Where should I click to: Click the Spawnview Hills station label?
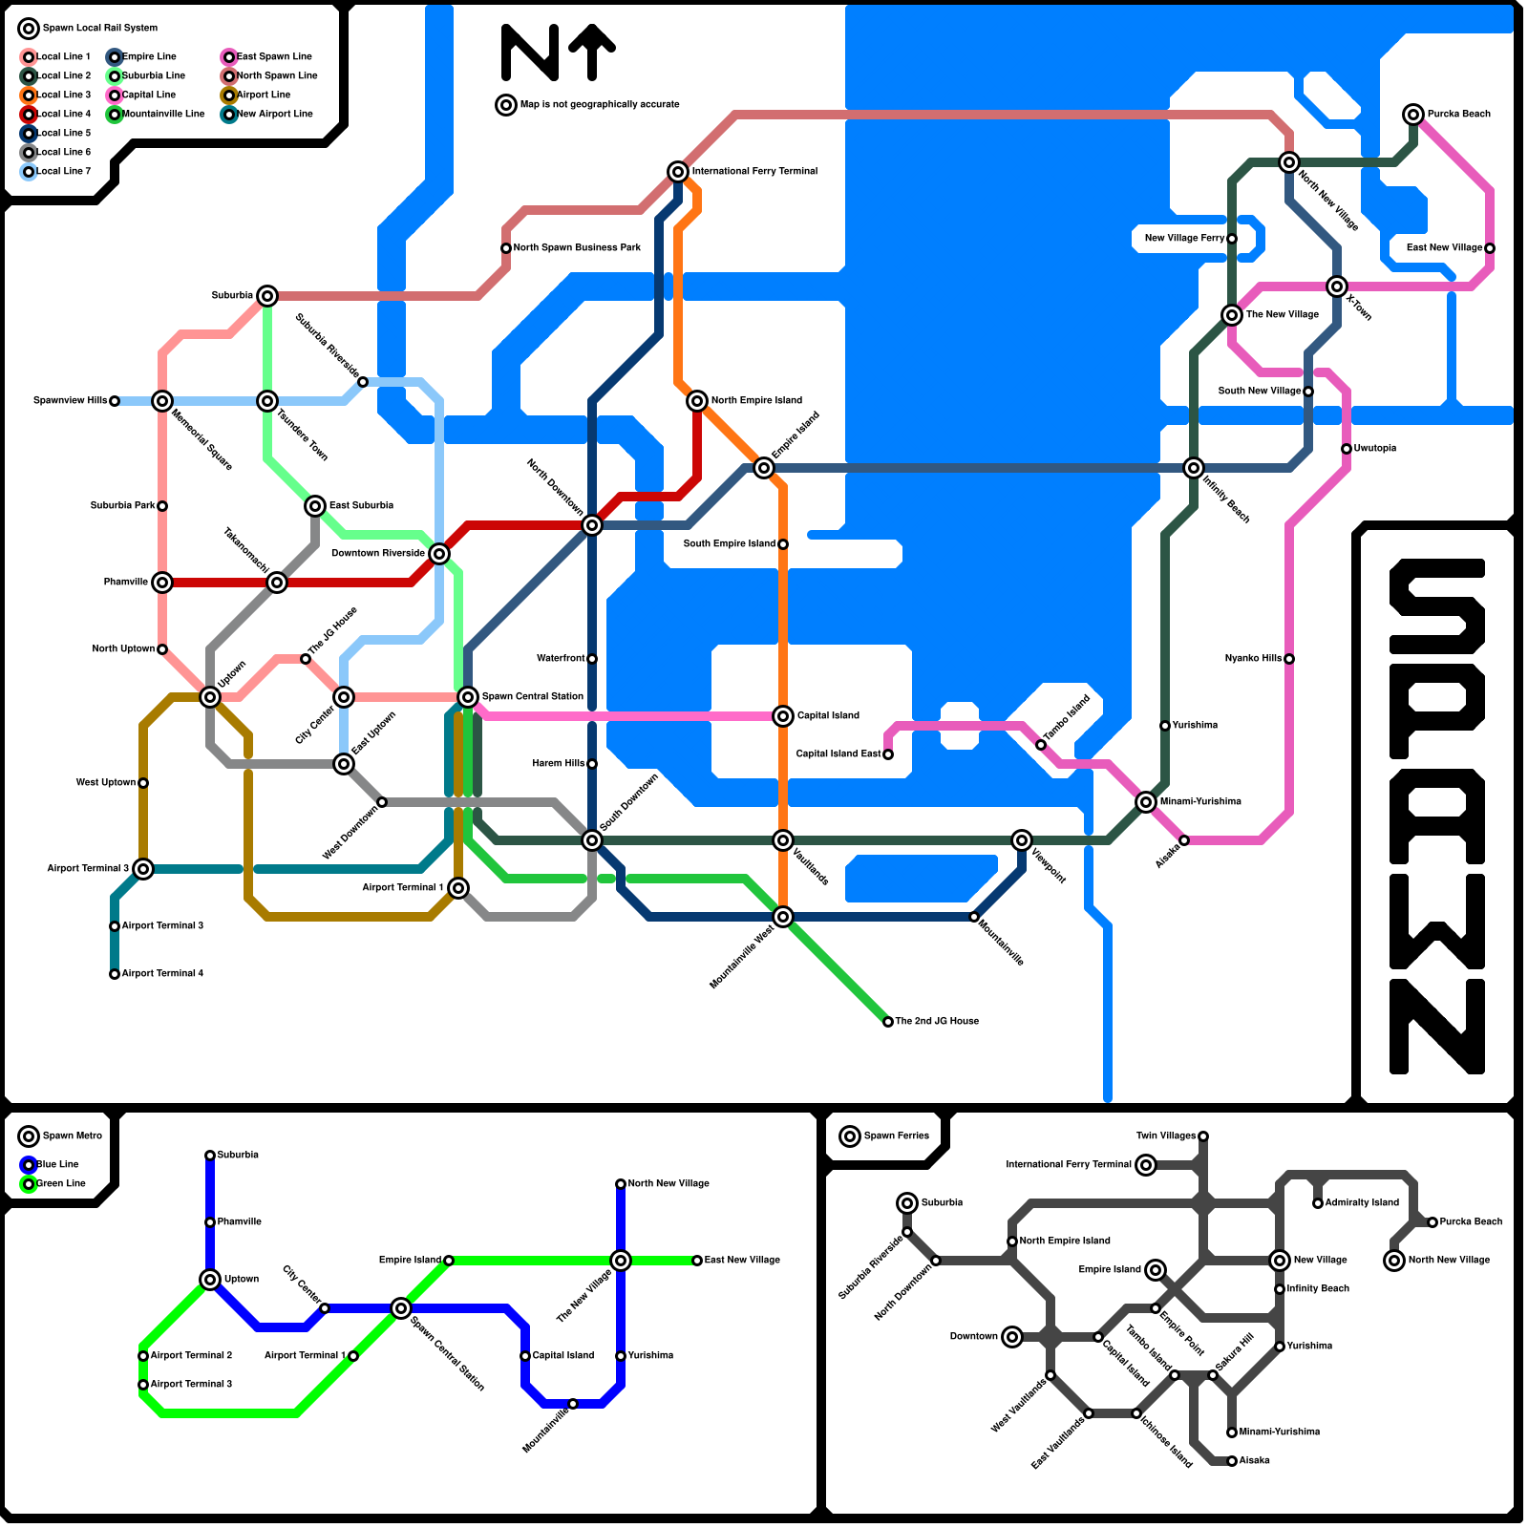(70, 401)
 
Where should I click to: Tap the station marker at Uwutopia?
(1347, 449)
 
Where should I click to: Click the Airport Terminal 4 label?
(162, 974)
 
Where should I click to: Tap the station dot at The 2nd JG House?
(888, 1022)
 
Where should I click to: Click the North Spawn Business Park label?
(577, 248)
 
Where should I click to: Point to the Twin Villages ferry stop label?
(1165, 1136)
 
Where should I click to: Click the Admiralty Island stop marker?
(1318, 1203)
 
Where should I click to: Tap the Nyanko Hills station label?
(1253, 659)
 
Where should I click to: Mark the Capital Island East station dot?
(888, 754)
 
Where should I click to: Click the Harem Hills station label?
(559, 764)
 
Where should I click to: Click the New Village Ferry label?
(1184, 239)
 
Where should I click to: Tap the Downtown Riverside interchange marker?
(439, 554)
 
